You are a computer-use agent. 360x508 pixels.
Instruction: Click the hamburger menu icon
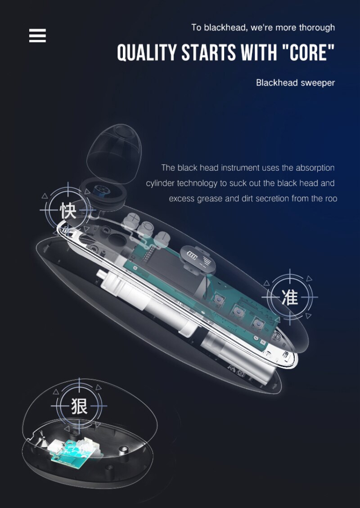[37, 36]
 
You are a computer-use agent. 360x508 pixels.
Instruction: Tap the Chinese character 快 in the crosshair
[68, 210]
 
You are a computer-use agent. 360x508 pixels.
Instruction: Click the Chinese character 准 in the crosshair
[289, 297]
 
